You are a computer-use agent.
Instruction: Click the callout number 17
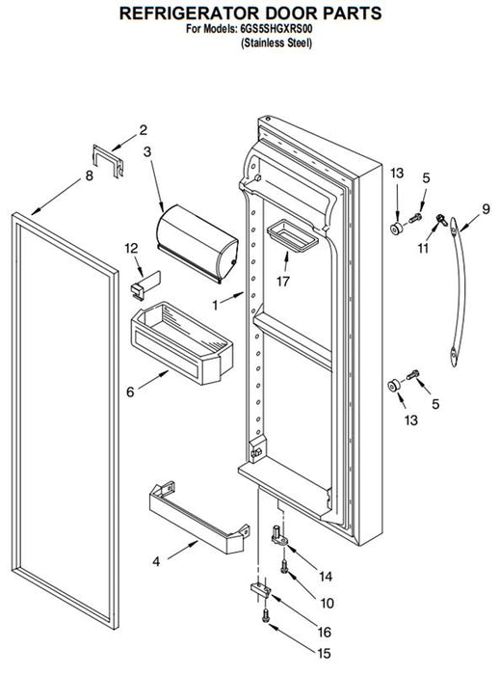coord(283,282)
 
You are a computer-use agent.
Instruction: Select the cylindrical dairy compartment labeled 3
coord(197,243)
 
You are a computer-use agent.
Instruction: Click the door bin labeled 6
coord(181,343)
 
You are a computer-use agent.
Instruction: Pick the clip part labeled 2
coord(109,161)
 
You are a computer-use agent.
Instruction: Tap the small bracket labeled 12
coord(144,284)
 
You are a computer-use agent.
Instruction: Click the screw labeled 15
coord(266,615)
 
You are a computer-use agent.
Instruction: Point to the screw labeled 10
coord(284,566)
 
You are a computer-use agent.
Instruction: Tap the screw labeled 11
coord(441,220)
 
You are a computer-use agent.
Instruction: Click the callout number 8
coord(89,175)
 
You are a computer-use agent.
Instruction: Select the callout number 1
coord(215,306)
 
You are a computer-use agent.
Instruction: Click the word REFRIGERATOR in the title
coord(190,13)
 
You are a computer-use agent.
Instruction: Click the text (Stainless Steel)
coord(276,42)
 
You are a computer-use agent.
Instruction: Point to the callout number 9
coord(486,209)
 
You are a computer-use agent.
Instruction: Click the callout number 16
coord(325,632)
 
